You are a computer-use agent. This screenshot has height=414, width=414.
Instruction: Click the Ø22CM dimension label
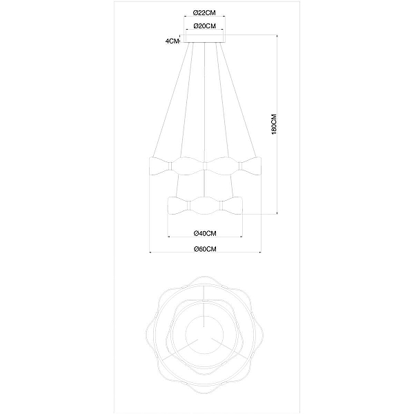click(x=204, y=12)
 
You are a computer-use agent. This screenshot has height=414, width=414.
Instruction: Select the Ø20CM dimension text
click(x=205, y=26)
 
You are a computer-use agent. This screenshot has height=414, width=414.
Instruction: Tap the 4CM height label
click(x=172, y=41)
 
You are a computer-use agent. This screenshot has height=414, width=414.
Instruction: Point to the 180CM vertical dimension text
click(x=274, y=124)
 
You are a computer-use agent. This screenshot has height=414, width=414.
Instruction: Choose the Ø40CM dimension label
click(x=205, y=233)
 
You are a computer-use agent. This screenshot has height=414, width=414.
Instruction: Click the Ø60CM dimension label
click(x=205, y=249)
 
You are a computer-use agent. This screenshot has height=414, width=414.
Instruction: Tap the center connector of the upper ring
click(x=205, y=166)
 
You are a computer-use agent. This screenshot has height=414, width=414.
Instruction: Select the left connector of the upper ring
click(x=170, y=166)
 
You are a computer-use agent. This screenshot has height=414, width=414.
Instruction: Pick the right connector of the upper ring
click(x=240, y=166)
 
